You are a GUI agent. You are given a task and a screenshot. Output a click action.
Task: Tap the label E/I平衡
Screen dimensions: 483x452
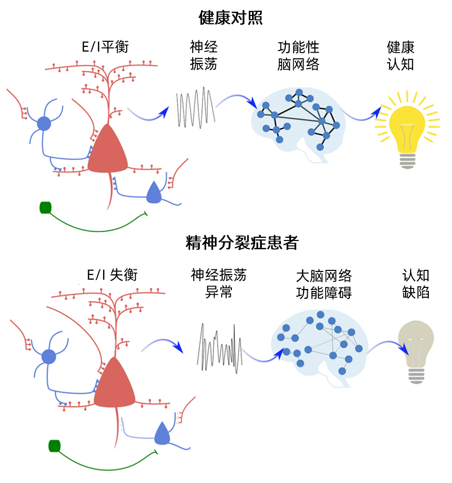tap(105, 47)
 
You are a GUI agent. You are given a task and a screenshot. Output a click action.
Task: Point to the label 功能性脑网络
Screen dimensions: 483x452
tap(298, 56)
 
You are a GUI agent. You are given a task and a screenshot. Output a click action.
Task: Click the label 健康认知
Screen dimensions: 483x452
tap(400, 56)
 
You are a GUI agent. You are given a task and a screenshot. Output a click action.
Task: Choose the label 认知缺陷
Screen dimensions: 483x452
tap(415, 284)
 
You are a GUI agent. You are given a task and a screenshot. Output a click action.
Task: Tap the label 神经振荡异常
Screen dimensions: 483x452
tap(219, 284)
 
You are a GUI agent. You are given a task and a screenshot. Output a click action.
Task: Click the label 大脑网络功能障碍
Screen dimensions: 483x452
tap(324, 284)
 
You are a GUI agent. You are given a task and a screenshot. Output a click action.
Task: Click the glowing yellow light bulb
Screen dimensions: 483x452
tap(407, 129)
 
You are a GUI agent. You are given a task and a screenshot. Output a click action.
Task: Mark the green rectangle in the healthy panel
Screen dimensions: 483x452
tap(45, 207)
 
